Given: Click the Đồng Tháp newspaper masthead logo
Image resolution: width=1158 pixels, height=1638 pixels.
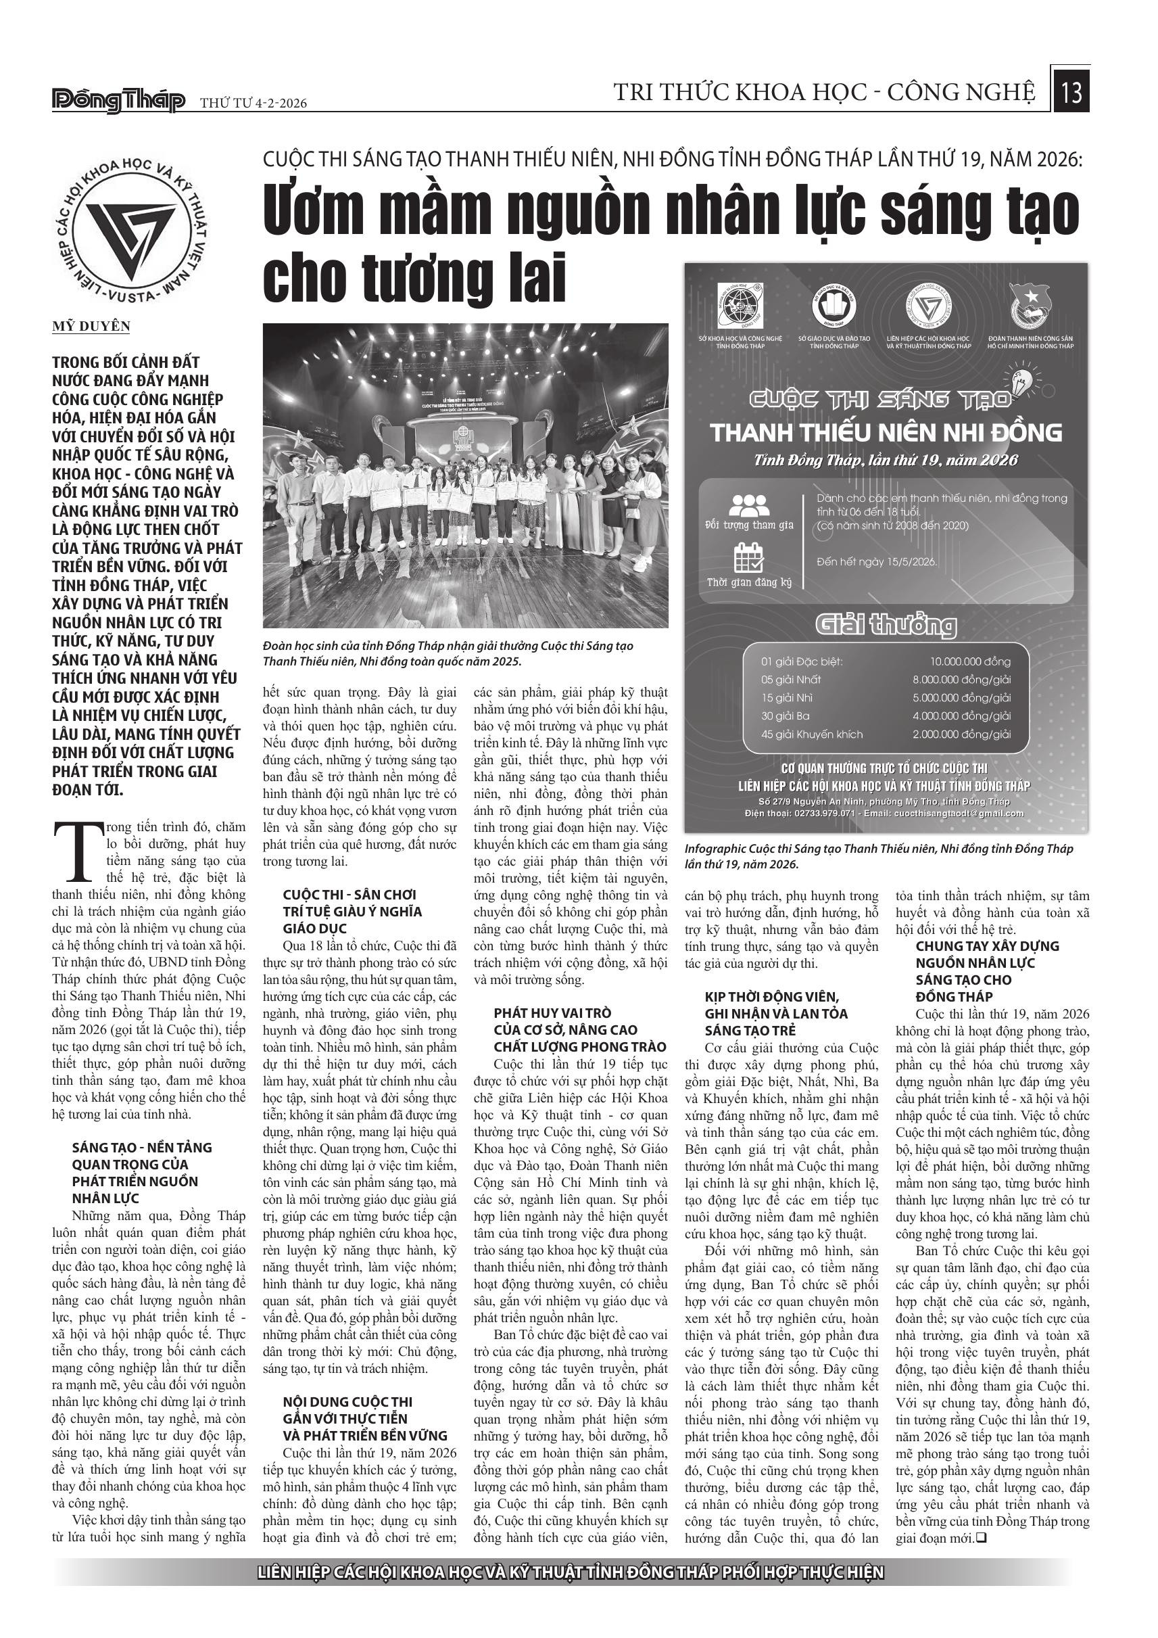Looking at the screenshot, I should pyautogui.click(x=118, y=101).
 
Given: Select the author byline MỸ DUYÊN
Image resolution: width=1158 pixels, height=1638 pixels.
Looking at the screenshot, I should pyautogui.click(x=91, y=327).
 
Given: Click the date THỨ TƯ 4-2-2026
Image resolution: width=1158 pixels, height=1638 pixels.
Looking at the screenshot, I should pyautogui.click(x=253, y=103).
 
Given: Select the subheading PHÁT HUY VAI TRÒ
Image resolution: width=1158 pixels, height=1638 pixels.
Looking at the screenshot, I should pyautogui.click(x=552, y=1013).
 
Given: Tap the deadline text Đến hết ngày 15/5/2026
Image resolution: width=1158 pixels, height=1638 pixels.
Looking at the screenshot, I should pyautogui.click(x=876, y=561).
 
